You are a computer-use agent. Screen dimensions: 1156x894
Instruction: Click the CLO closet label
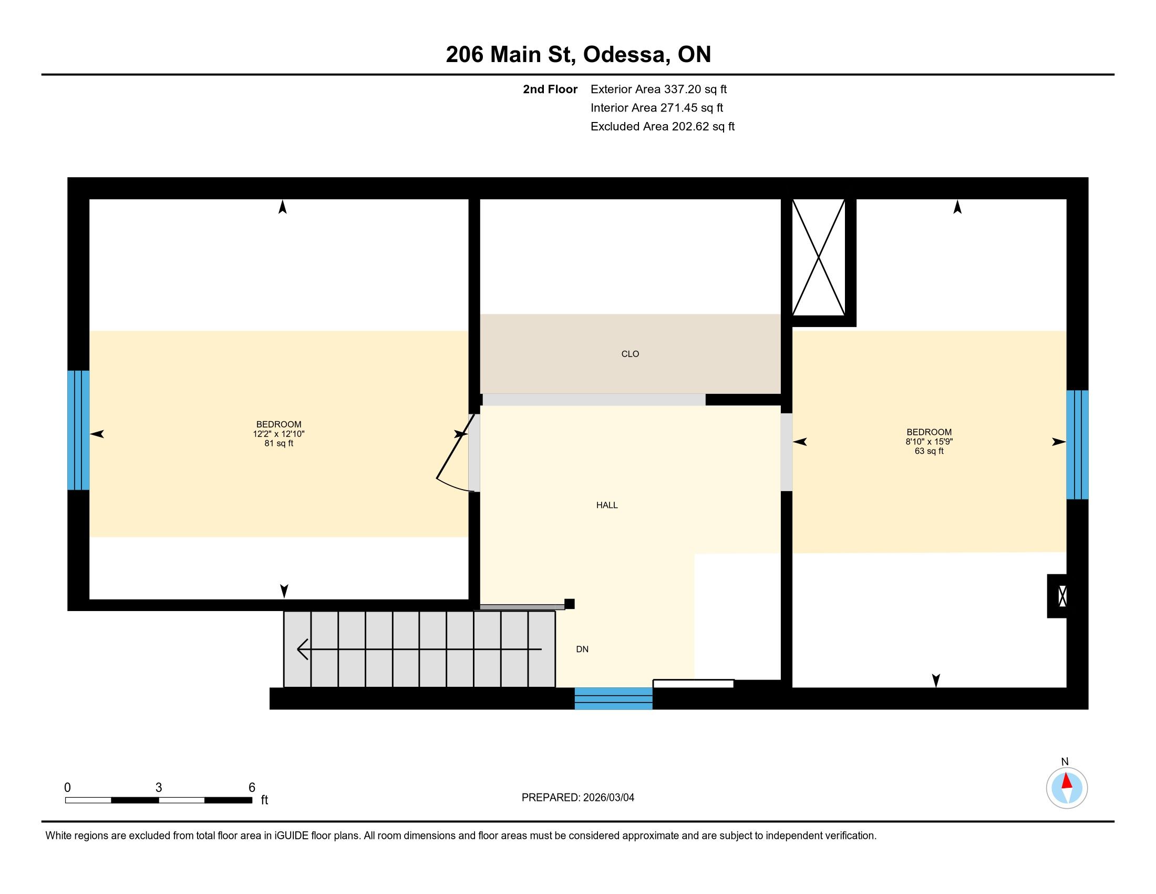pos(630,354)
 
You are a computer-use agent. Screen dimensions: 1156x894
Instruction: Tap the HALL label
pos(606,505)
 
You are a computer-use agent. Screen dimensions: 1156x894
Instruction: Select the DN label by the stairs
pos(582,649)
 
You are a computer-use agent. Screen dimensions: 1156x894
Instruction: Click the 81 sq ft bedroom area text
pos(279,443)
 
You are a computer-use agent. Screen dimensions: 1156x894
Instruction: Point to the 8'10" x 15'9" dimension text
pos(929,442)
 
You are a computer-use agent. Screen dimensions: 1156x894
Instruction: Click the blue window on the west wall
pos(78,430)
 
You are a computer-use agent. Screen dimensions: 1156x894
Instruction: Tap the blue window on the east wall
pos(1077,445)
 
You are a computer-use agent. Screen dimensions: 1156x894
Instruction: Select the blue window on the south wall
pos(613,698)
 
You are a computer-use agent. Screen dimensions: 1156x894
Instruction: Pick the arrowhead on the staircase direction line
pos(303,649)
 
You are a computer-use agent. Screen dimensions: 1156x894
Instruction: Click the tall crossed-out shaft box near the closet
pos(818,258)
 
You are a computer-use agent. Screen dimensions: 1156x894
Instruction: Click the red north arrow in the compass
pos(1067,781)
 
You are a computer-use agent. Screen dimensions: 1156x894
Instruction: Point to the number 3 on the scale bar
pos(159,788)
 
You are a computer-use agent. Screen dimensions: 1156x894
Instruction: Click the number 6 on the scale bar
pos(252,788)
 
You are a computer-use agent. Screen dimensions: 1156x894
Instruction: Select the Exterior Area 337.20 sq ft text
pos(658,89)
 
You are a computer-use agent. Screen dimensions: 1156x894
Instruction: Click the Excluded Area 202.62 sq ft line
pos(663,127)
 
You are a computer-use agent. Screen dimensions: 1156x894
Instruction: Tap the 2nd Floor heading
pos(550,89)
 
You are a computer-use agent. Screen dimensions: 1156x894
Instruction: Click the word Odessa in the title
pos(625,55)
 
